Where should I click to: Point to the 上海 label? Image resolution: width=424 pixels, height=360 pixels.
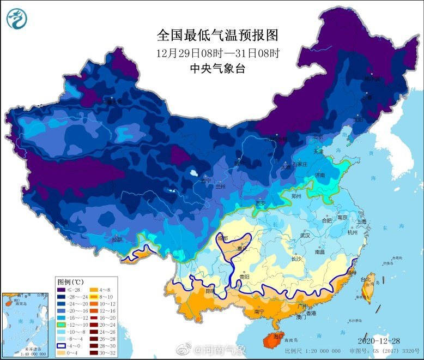tap(361, 222)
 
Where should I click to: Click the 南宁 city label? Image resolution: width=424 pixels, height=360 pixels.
tap(259, 312)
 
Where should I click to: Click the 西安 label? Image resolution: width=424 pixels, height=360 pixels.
tap(260, 203)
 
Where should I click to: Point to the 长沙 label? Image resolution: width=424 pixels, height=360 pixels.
tap(296, 259)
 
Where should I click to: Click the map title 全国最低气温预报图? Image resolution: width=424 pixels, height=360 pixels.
tap(217, 36)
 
